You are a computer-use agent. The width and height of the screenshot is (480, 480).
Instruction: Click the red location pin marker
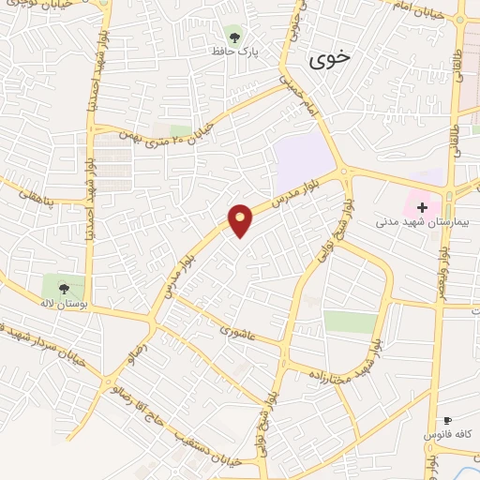click(241, 221)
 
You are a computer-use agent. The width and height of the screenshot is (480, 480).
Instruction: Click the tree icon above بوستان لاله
click(64, 289)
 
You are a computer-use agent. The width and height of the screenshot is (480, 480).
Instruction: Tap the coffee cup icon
click(447, 421)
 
